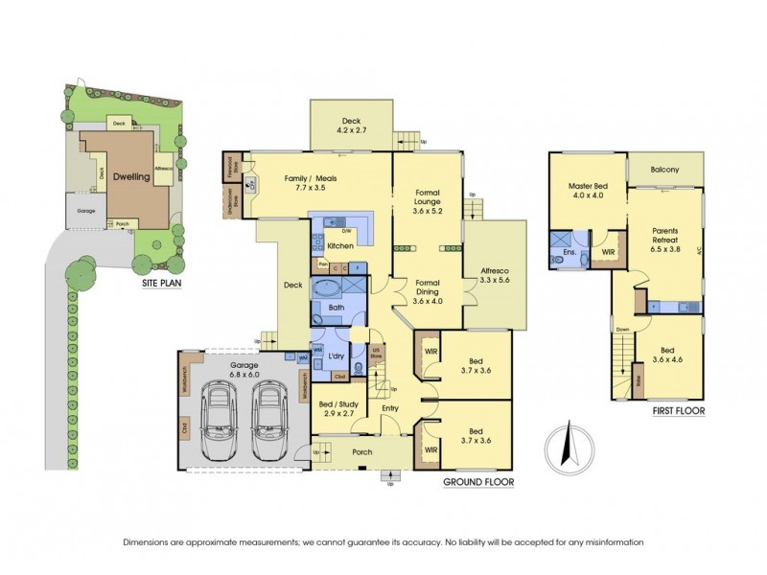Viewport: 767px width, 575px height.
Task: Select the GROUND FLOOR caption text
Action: pos(478,481)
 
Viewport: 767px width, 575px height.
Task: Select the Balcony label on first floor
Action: pos(664,170)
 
